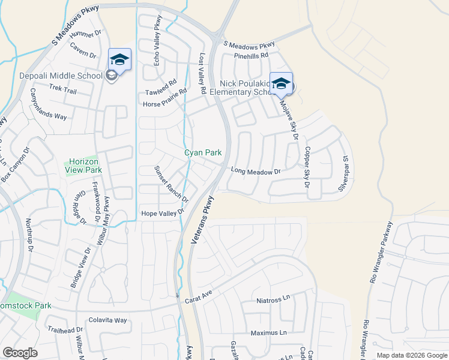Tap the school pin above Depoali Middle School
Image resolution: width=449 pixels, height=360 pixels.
point(119,60)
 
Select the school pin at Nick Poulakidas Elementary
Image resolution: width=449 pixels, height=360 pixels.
point(281,83)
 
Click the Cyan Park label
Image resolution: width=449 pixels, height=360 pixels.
point(203,153)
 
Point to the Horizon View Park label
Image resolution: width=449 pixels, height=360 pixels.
point(83,166)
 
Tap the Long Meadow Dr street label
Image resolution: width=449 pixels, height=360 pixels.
point(256,172)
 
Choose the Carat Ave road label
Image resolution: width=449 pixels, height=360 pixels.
point(199,298)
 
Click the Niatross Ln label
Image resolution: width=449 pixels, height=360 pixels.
point(273,299)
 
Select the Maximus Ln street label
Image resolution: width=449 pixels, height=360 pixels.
point(269,332)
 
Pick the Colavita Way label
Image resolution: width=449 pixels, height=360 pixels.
point(107,320)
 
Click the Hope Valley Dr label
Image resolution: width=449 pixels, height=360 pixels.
point(160,214)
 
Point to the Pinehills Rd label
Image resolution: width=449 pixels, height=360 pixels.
point(252,55)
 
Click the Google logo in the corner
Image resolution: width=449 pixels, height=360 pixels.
point(20,353)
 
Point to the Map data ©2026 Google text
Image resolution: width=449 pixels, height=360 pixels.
point(412,355)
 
